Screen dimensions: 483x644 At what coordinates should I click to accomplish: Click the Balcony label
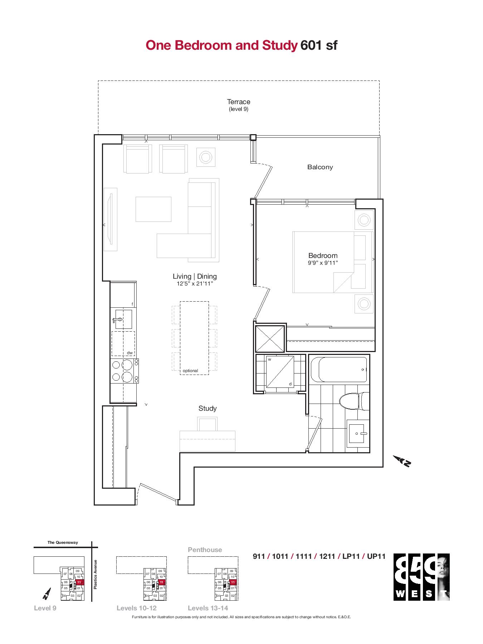[320, 167]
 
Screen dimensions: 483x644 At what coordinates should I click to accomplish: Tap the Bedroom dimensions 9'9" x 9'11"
[323, 263]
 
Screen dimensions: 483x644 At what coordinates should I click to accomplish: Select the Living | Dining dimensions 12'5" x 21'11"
[195, 284]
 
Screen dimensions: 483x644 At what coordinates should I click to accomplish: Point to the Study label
[208, 408]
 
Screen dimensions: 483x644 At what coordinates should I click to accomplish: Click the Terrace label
[239, 102]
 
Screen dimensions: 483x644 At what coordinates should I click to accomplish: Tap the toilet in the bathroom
[354, 401]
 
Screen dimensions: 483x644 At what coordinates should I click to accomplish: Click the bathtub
[339, 370]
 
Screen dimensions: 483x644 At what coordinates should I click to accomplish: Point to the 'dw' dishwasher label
[130, 353]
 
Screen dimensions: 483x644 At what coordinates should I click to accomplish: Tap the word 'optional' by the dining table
[190, 371]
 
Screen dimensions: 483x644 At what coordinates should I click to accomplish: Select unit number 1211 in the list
[327, 556]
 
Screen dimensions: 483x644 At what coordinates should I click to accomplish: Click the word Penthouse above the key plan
[205, 550]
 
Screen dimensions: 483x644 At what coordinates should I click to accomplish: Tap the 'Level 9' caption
[45, 608]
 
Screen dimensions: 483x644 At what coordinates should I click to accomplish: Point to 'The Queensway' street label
[63, 542]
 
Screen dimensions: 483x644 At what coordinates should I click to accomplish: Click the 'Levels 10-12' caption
[137, 608]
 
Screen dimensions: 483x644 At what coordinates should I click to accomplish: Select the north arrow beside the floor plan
[402, 461]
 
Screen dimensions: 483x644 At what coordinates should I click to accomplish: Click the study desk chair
[208, 424]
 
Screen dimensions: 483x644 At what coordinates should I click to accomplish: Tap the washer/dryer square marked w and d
[280, 371]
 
